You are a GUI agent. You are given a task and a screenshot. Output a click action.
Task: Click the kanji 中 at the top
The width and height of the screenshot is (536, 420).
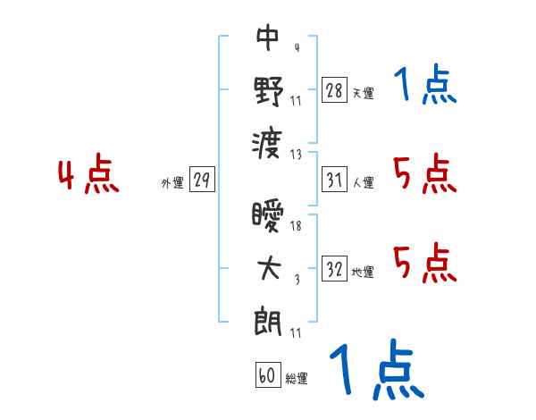[x=268, y=38]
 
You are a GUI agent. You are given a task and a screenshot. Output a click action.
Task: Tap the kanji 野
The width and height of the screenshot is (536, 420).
[x=269, y=91]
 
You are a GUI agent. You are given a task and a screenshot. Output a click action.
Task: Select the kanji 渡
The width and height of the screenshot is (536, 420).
[x=267, y=145]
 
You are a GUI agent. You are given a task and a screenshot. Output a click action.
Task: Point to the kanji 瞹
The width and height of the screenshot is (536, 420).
[x=268, y=215]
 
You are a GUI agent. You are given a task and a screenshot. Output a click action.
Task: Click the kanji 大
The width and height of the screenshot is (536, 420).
[x=269, y=268]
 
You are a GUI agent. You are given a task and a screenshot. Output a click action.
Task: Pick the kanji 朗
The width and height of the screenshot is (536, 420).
[x=268, y=322]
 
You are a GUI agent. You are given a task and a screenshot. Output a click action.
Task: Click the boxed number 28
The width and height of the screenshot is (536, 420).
[x=334, y=89]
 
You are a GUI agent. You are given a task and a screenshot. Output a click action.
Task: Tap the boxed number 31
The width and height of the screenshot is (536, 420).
[x=334, y=180]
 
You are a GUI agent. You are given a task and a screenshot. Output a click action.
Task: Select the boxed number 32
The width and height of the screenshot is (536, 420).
[x=334, y=268]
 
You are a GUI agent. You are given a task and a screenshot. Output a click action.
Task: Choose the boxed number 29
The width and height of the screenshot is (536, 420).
[x=202, y=180]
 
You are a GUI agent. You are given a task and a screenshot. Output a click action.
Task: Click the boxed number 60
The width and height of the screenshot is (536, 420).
[x=268, y=374]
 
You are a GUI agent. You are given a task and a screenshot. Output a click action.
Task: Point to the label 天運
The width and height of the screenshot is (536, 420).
[x=364, y=93]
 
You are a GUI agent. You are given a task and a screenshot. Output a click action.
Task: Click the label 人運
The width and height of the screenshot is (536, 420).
[x=364, y=182]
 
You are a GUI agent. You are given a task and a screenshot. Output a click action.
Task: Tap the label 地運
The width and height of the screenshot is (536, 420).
[x=363, y=273]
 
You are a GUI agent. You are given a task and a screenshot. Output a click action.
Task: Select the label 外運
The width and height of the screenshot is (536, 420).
[x=172, y=182]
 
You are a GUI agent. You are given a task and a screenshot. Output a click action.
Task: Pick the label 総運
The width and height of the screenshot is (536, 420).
[x=297, y=378]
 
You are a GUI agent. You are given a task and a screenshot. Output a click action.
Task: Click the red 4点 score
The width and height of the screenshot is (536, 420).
[x=88, y=173]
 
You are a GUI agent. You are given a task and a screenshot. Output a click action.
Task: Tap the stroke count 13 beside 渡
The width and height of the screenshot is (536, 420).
[x=296, y=155]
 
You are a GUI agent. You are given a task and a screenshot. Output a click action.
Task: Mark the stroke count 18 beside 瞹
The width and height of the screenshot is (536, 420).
[x=296, y=225]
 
